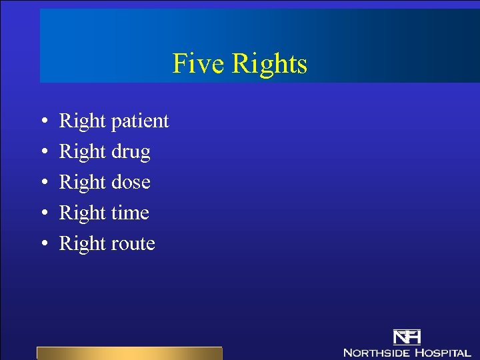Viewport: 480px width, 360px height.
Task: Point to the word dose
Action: click(x=131, y=182)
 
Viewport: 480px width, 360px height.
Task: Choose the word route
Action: click(x=133, y=244)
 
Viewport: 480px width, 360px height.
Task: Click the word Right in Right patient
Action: click(x=83, y=121)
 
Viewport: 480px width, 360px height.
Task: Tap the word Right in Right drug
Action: click(x=83, y=152)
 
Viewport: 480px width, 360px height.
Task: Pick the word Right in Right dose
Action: click(x=83, y=183)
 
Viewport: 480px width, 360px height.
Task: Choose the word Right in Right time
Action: click(x=83, y=213)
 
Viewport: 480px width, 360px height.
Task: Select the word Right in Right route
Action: click(x=83, y=244)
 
